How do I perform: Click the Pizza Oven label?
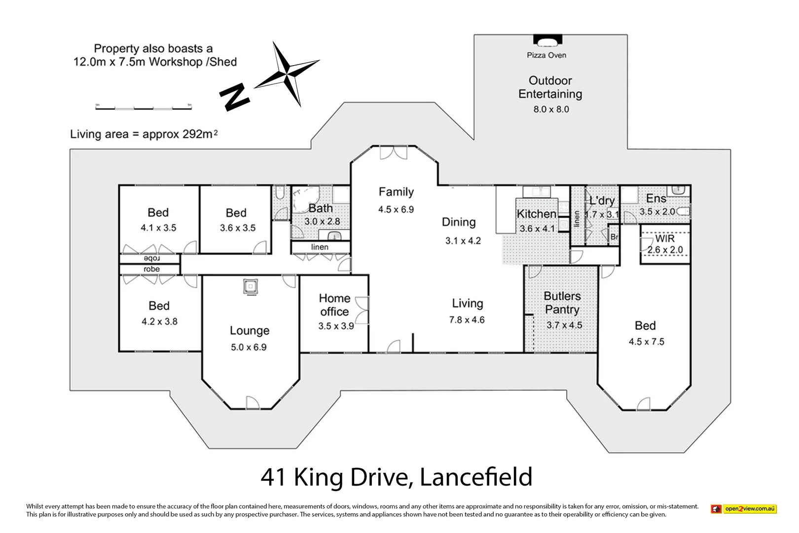pyautogui.click(x=546, y=55)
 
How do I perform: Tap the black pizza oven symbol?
pyautogui.click(x=547, y=40)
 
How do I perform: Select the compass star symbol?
pyautogui.click(x=288, y=74)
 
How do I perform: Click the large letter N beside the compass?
pyautogui.click(x=234, y=97)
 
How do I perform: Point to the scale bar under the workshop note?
pyautogui.click(x=143, y=107)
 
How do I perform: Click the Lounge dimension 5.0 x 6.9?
pyautogui.click(x=249, y=347)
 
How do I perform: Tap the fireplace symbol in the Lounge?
pyautogui.click(x=251, y=287)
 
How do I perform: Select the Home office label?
pyautogui.click(x=334, y=305)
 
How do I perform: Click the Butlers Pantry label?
pyautogui.click(x=562, y=303)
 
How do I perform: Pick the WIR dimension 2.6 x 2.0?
pyautogui.click(x=665, y=250)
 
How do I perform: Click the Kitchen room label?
pyautogui.click(x=536, y=214)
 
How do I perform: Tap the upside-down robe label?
pyautogui.click(x=151, y=259)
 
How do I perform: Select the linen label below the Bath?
pyautogui.click(x=320, y=247)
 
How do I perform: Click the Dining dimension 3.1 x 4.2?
pyautogui.click(x=463, y=241)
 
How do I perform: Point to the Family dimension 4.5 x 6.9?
pyautogui.click(x=396, y=209)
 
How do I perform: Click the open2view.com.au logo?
pyautogui.click(x=744, y=509)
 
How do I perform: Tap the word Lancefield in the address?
pyautogui.click(x=476, y=477)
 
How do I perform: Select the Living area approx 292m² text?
pyautogui.click(x=144, y=134)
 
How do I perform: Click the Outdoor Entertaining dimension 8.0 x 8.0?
pyautogui.click(x=551, y=109)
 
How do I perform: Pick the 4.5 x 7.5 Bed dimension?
pyautogui.click(x=646, y=342)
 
